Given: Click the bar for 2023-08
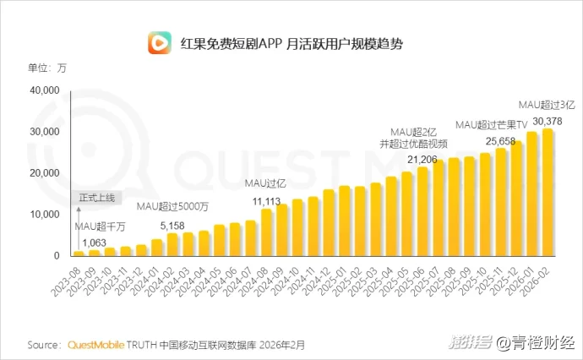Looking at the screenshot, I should [79, 253].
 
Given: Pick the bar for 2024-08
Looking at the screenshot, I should [267, 232].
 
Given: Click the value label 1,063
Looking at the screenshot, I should [94, 243].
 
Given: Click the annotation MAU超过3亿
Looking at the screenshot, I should [546, 105].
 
